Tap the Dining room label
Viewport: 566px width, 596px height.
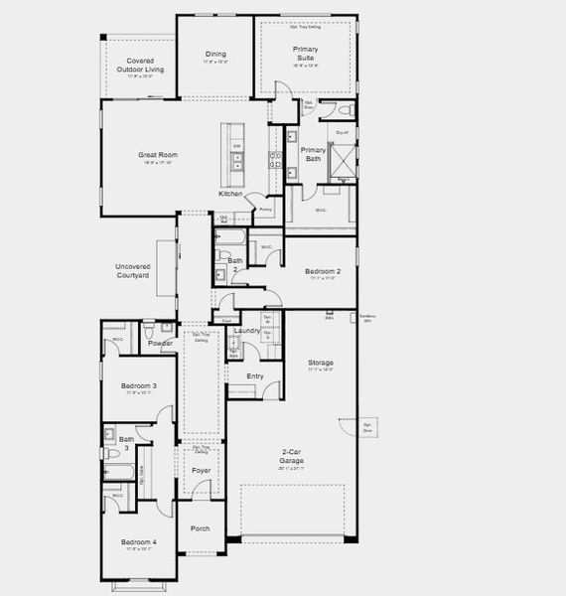pos(215,54)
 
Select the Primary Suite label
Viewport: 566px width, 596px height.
pos(305,53)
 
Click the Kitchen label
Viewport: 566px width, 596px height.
pos(230,194)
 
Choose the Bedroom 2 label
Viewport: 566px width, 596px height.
pos(323,271)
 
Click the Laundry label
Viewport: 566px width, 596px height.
pos(246,330)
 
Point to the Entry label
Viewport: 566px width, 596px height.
pos(255,375)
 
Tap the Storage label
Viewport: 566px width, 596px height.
pos(320,363)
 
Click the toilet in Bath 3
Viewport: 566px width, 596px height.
pos(112,454)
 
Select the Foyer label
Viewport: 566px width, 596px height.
pos(202,469)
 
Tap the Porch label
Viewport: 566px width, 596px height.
pos(201,527)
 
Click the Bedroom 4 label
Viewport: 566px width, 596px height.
pos(139,541)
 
